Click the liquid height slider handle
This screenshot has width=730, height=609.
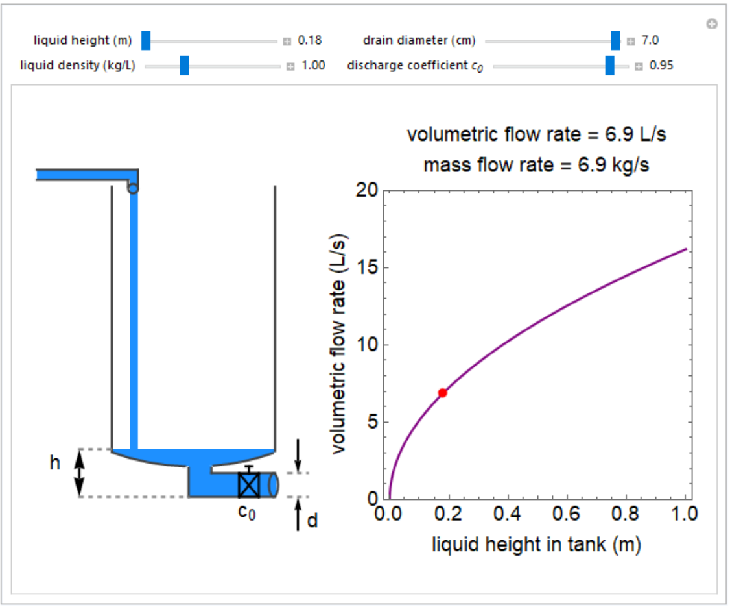[x=146, y=41]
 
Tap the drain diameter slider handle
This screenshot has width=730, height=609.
[x=615, y=41]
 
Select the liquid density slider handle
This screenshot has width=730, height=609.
[x=184, y=66]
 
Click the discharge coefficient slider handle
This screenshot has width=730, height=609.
[x=609, y=66]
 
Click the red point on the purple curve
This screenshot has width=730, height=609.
[x=442, y=393]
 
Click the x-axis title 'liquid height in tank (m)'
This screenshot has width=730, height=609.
[x=536, y=544]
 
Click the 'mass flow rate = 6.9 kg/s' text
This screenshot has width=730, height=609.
[x=536, y=164]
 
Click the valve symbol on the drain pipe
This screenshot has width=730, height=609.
[x=249, y=484]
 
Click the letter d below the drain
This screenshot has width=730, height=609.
[x=312, y=521]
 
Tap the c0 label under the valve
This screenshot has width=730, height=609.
[x=246, y=512]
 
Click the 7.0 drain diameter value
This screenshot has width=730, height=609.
[x=650, y=41]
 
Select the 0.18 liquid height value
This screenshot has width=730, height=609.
[x=309, y=41]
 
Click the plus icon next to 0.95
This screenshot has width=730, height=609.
[x=639, y=66]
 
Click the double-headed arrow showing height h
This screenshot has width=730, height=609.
[x=79, y=473]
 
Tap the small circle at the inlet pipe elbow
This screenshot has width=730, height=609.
[x=133, y=189]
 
